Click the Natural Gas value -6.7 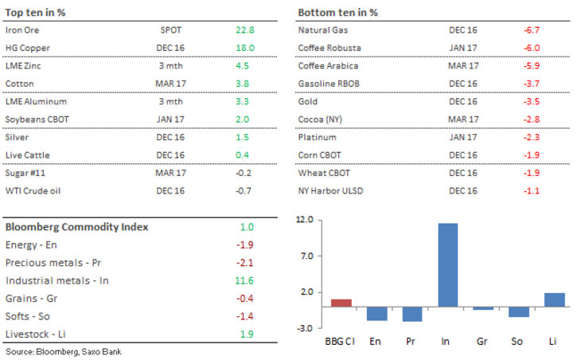[x=532, y=29]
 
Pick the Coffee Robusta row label [x=327, y=48]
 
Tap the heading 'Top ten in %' [x=37, y=12]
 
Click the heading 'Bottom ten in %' [x=337, y=12]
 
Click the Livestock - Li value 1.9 [x=245, y=334]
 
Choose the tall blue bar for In [x=448, y=264]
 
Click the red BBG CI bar [x=341, y=303]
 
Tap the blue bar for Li [x=555, y=299]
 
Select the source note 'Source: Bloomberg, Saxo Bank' [x=64, y=351]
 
